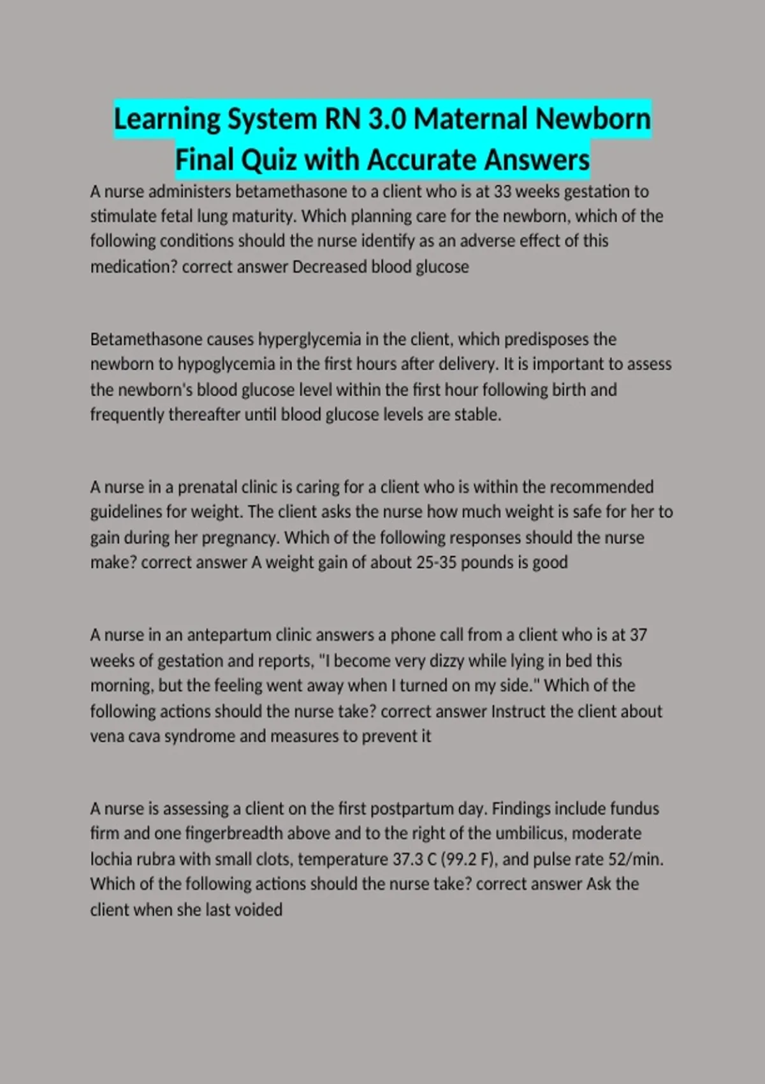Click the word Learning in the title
167,119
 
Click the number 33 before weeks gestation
503,191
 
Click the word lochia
110,859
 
